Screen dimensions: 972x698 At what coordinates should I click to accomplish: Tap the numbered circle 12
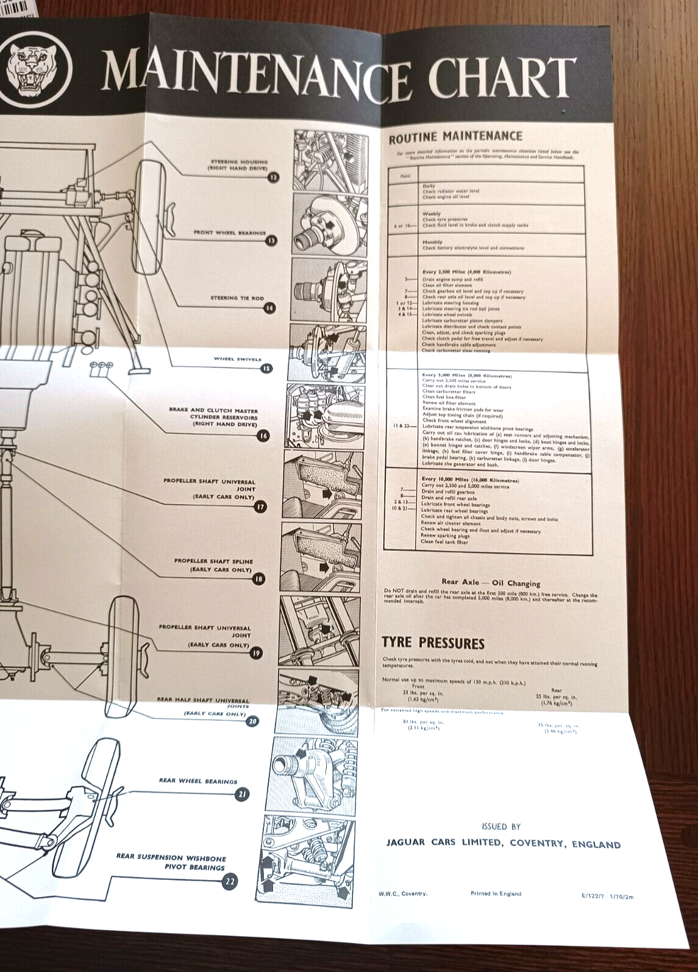point(272,178)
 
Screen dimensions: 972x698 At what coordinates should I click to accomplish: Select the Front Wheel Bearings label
point(229,233)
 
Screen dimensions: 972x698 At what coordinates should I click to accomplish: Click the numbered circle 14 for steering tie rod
point(269,308)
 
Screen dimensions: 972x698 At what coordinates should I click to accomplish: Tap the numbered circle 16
point(263,436)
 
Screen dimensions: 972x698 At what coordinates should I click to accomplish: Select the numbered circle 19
point(256,653)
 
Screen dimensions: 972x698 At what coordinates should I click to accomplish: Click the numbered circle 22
point(230,881)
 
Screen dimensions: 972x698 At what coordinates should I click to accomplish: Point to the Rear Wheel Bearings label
point(198,781)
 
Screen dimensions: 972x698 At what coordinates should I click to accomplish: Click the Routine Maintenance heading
point(455,137)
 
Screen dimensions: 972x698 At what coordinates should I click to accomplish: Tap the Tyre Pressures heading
point(433,643)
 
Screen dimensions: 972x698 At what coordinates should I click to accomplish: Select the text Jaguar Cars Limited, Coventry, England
point(503,844)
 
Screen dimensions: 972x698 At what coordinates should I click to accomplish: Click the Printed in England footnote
point(496,893)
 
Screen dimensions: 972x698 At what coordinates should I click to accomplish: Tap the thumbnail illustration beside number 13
point(330,224)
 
